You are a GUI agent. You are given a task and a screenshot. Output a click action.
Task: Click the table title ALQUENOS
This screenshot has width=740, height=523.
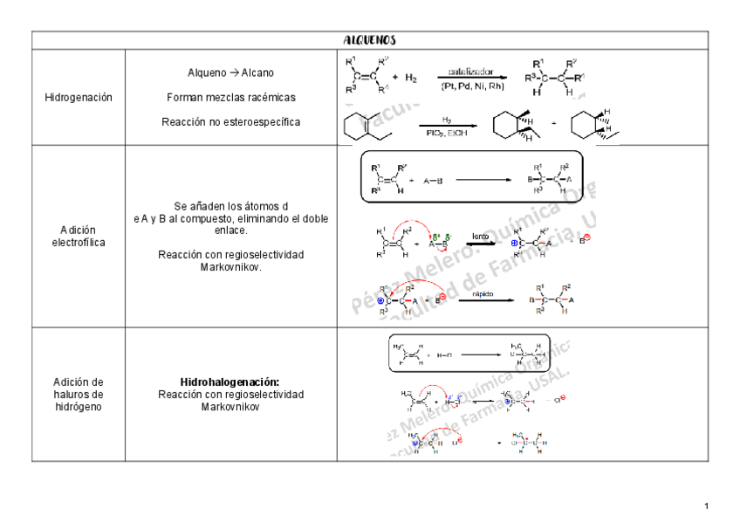[369, 40]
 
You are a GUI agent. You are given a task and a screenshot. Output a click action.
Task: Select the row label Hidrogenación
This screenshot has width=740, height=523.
[78, 98]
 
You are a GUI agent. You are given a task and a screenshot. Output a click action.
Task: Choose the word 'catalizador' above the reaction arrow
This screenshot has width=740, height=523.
[471, 72]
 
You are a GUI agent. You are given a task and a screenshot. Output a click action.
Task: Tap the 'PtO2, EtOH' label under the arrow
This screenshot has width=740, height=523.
[446, 133]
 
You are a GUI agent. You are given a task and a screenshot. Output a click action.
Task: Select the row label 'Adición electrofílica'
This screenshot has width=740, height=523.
[78, 236]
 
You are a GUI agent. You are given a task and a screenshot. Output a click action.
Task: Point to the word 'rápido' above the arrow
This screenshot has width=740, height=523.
[483, 294]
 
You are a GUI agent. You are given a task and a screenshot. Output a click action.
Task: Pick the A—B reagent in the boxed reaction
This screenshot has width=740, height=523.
[433, 181]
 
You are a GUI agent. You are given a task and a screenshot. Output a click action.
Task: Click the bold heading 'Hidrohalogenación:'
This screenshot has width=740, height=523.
[230, 382]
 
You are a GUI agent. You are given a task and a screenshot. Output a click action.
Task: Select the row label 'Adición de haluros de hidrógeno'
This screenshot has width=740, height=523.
[78, 395]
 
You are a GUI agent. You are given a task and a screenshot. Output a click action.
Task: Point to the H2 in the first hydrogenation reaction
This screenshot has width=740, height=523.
[410, 78]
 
